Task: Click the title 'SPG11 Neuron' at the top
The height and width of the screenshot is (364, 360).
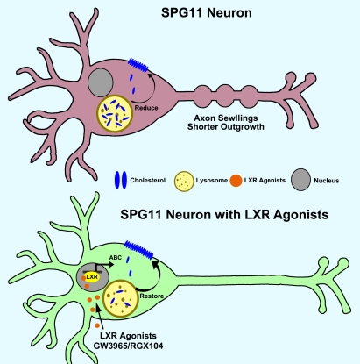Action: coord(207,13)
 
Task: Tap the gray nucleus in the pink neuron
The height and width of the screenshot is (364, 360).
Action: coord(101,82)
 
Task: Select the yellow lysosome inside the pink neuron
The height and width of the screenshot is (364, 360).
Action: coord(115,113)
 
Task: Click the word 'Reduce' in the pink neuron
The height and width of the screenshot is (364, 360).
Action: coord(146,108)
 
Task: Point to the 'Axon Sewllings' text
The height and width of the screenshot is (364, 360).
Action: coord(226,118)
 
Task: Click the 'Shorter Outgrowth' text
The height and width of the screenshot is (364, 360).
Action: coord(226,127)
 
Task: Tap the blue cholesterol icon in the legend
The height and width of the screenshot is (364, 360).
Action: coord(121,180)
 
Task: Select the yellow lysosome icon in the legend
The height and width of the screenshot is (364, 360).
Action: coord(184,182)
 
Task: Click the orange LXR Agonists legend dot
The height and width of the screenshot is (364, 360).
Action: coord(236,181)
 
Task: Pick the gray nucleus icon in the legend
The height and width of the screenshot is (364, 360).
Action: coord(300,180)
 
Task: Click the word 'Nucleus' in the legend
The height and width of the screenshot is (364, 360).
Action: coord(327,181)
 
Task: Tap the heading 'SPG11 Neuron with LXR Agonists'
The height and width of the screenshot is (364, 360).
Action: coord(224,215)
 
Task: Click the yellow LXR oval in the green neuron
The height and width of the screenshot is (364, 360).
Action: coord(92,277)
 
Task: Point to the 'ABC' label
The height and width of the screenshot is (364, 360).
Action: coord(116,258)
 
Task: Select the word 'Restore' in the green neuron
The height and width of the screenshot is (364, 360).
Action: coord(152,296)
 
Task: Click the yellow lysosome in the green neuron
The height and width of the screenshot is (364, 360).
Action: coord(121,298)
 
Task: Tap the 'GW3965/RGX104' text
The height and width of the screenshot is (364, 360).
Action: coord(128,346)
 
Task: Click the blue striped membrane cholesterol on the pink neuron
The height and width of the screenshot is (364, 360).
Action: coord(138,66)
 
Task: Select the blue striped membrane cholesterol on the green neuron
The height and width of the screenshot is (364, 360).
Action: coord(138,250)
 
